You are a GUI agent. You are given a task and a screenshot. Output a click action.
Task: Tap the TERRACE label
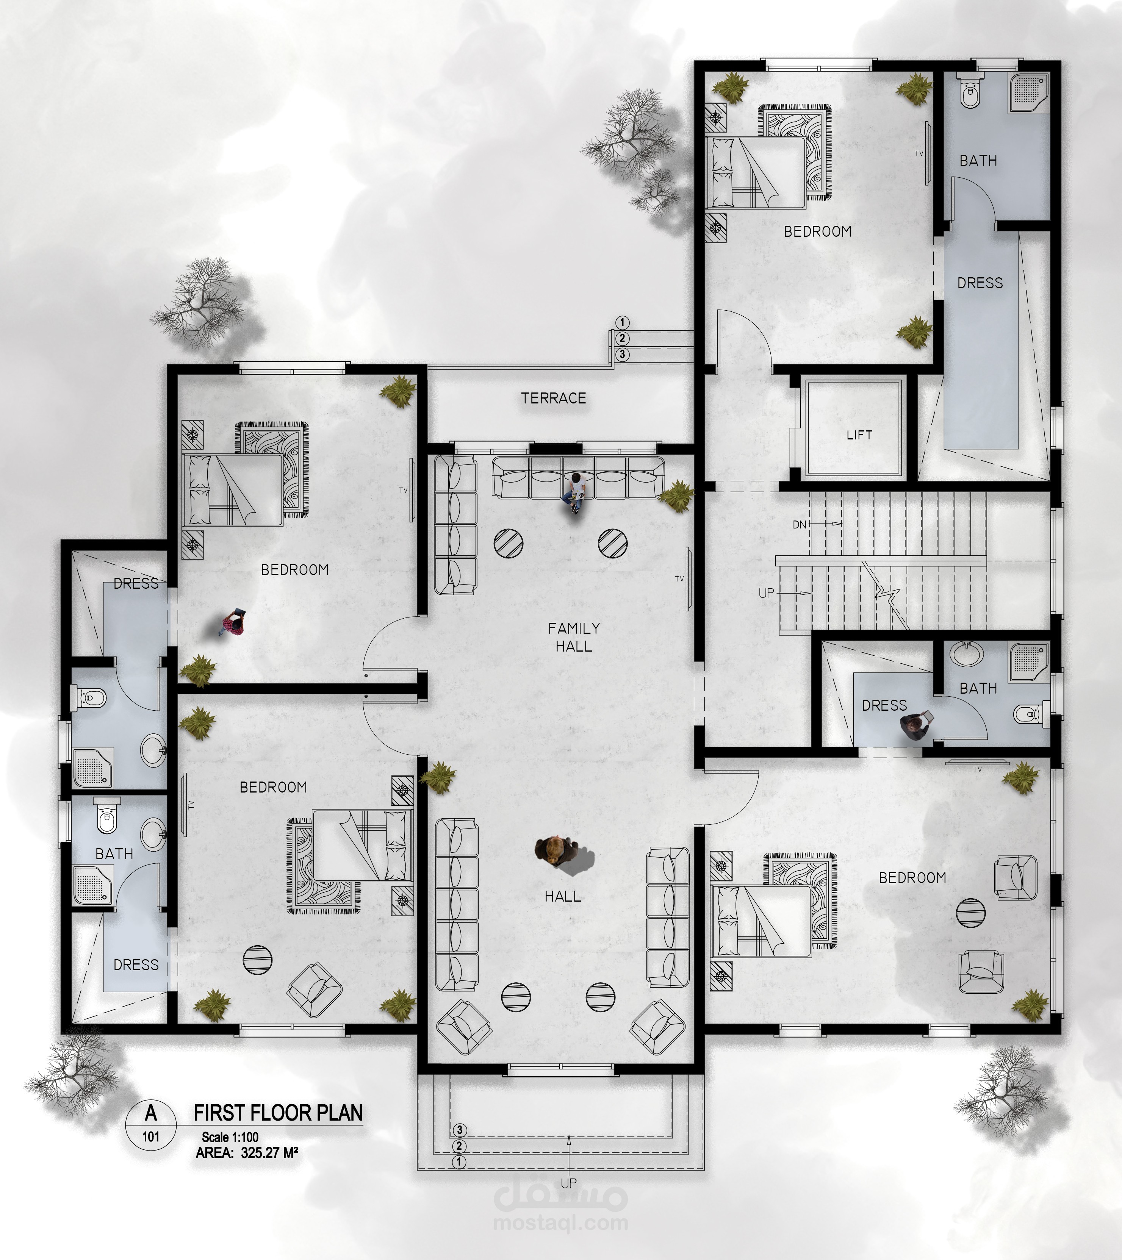pos(554,398)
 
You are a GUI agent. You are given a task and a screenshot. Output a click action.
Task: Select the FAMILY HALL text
pos(574,637)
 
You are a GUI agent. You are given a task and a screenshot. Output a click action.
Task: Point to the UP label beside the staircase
pos(766,593)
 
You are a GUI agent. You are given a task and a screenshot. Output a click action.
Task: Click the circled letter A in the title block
pos(150,1113)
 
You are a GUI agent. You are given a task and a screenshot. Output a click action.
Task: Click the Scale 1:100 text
pos(230,1137)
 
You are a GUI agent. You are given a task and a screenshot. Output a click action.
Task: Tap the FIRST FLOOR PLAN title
pos(278,1113)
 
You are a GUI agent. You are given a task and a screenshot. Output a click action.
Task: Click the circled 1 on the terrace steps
pos(622,322)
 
